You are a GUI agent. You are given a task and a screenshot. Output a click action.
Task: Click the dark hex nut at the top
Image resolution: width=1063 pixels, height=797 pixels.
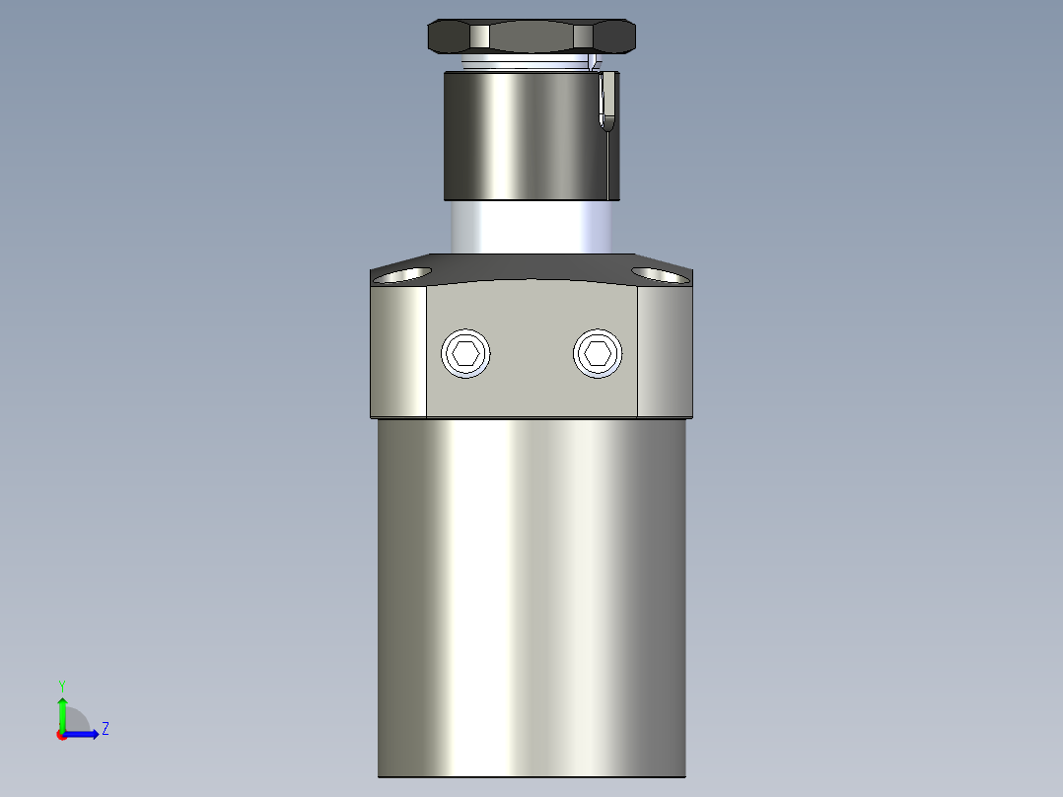tap(531, 37)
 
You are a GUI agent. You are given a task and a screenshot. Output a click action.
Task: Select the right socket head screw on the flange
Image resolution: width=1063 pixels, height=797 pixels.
tap(598, 353)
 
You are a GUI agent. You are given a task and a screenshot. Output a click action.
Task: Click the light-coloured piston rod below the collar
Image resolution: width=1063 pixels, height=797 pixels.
tap(532, 227)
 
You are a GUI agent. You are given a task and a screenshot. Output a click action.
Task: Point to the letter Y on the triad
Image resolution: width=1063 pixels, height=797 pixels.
tap(61, 685)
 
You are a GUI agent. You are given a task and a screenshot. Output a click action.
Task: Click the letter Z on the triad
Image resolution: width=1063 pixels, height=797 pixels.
tap(105, 729)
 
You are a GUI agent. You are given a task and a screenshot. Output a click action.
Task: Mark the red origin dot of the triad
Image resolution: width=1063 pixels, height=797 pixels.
tap(62, 735)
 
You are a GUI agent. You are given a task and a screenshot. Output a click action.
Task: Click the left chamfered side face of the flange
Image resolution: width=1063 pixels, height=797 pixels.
tap(398, 351)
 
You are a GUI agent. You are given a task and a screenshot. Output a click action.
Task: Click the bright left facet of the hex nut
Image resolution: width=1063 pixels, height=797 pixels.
tap(479, 36)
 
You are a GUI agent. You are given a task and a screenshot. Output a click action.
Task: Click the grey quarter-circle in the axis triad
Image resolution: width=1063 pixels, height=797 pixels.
tap(76, 722)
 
